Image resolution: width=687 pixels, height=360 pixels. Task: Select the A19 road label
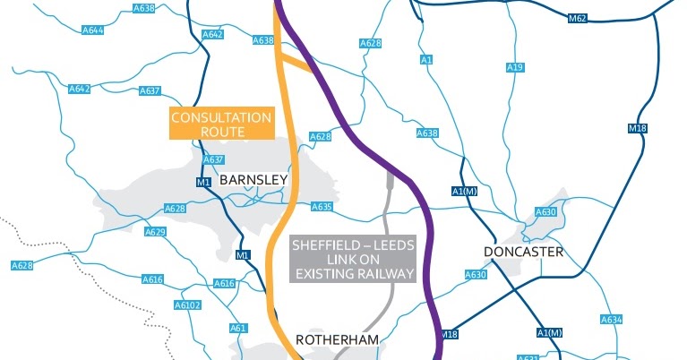pos(514,68)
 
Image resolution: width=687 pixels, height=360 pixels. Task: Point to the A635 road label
pos(322,207)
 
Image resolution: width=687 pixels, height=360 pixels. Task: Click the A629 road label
pos(156,232)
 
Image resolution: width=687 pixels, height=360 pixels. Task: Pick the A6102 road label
pos(187,305)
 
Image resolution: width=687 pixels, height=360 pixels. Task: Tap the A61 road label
pos(237,328)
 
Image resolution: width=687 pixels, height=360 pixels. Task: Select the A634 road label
pos(611,320)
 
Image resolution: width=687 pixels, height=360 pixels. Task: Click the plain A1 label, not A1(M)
pos(425,60)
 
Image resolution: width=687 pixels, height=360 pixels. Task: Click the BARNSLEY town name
pos(253,180)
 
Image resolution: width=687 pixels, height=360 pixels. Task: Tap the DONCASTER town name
pos(523,252)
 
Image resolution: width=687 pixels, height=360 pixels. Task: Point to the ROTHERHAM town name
pos(338,339)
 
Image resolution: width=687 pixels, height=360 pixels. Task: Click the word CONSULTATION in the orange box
pos(220,117)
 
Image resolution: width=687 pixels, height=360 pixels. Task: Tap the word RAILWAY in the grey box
pos(387,273)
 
